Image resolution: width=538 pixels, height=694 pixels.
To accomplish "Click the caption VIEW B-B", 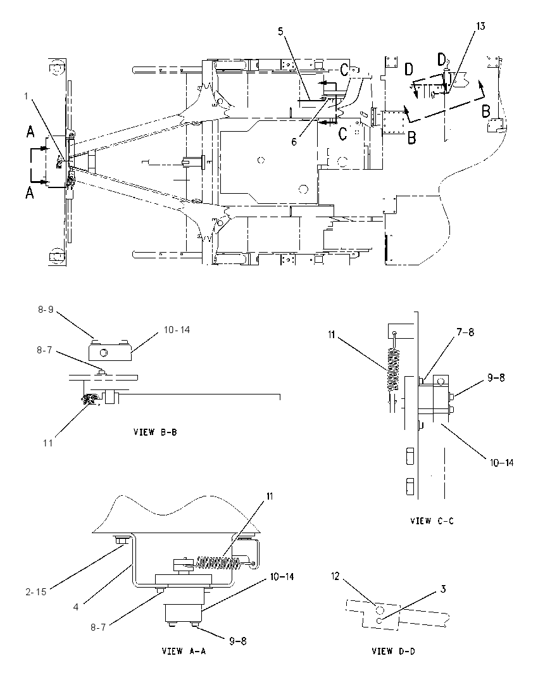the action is point(155,432).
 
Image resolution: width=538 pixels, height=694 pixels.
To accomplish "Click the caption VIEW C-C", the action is point(432,521).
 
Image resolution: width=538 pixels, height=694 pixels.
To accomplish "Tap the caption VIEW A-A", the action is point(184,651).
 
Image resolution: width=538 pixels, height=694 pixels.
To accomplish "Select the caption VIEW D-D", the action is point(393,651).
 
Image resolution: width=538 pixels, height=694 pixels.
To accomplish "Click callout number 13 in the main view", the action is point(480,26).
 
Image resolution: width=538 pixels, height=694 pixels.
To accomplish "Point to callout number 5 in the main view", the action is point(280,31).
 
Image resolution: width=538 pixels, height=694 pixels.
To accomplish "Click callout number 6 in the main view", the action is point(294,142).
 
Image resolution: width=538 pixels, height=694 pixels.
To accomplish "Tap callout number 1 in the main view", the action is point(26,96).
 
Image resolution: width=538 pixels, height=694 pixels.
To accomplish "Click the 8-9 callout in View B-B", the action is point(46,310).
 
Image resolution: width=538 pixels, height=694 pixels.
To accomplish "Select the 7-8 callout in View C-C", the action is point(465,332).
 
